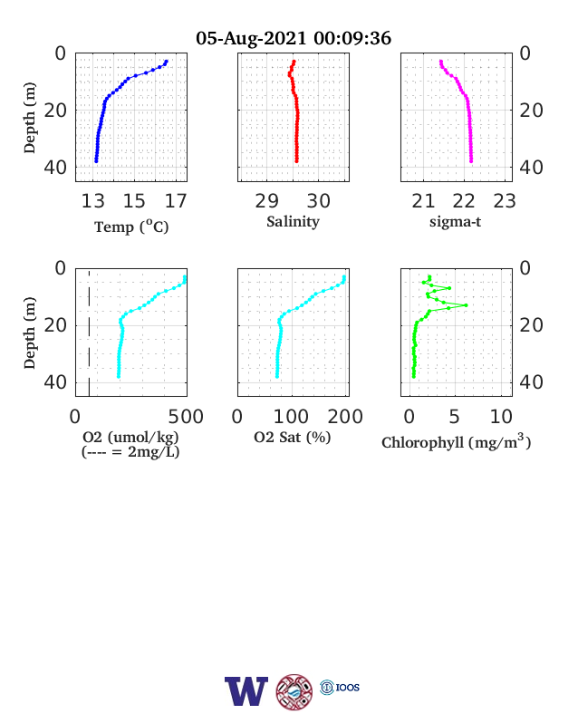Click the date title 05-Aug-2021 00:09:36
coord(294,38)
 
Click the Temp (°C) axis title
coord(131,227)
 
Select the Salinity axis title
coord(294,222)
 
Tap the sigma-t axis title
coord(455,222)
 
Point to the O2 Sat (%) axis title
coord(293,438)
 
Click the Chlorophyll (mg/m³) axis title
coord(456,441)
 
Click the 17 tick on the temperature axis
coord(176,201)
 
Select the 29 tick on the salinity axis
coord(266,201)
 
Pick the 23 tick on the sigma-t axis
coord(505,201)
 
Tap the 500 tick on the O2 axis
coord(186,417)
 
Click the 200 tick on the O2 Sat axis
coord(345,417)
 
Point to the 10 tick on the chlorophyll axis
coord(501,417)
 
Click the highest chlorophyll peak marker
coord(466,305)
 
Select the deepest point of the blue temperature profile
coord(96,161)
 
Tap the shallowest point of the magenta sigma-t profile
coord(440,62)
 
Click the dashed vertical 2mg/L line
coord(89,333)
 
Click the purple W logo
coord(246,691)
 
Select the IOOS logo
coord(340,687)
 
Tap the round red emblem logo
coord(294,691)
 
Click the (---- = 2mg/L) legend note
coord(130,452)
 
